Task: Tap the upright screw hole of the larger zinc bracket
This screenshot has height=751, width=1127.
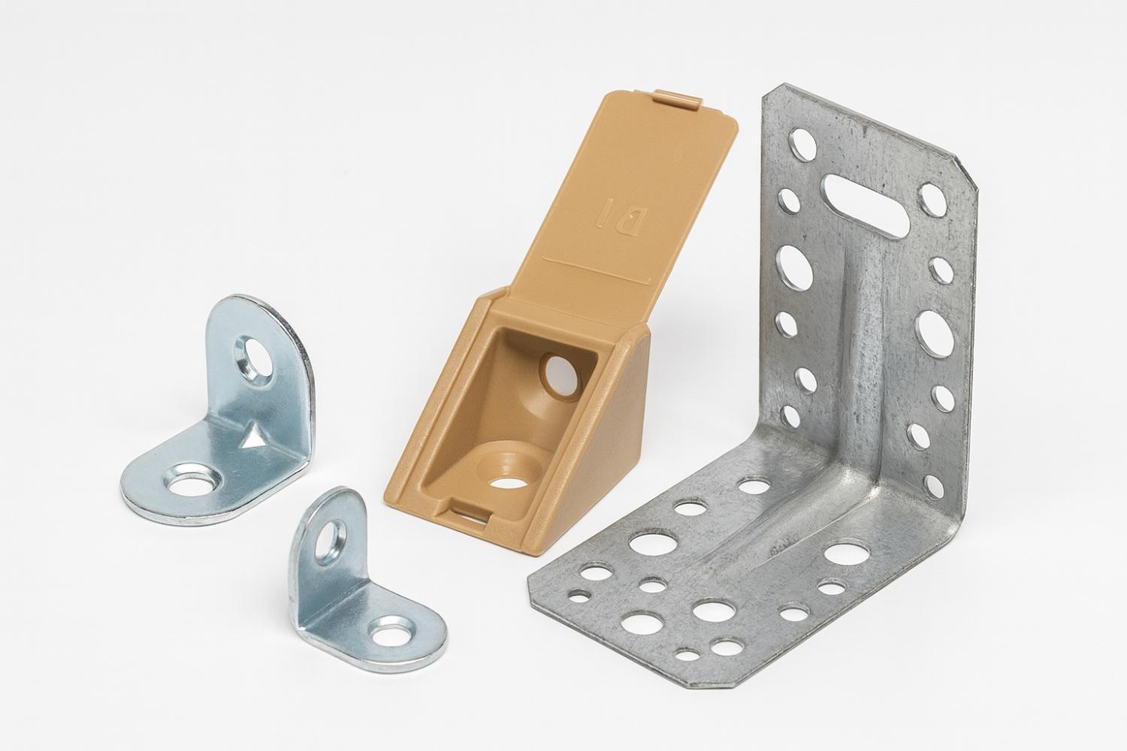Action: (255, 358)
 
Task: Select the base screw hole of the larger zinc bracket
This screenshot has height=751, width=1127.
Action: (189, 485)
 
